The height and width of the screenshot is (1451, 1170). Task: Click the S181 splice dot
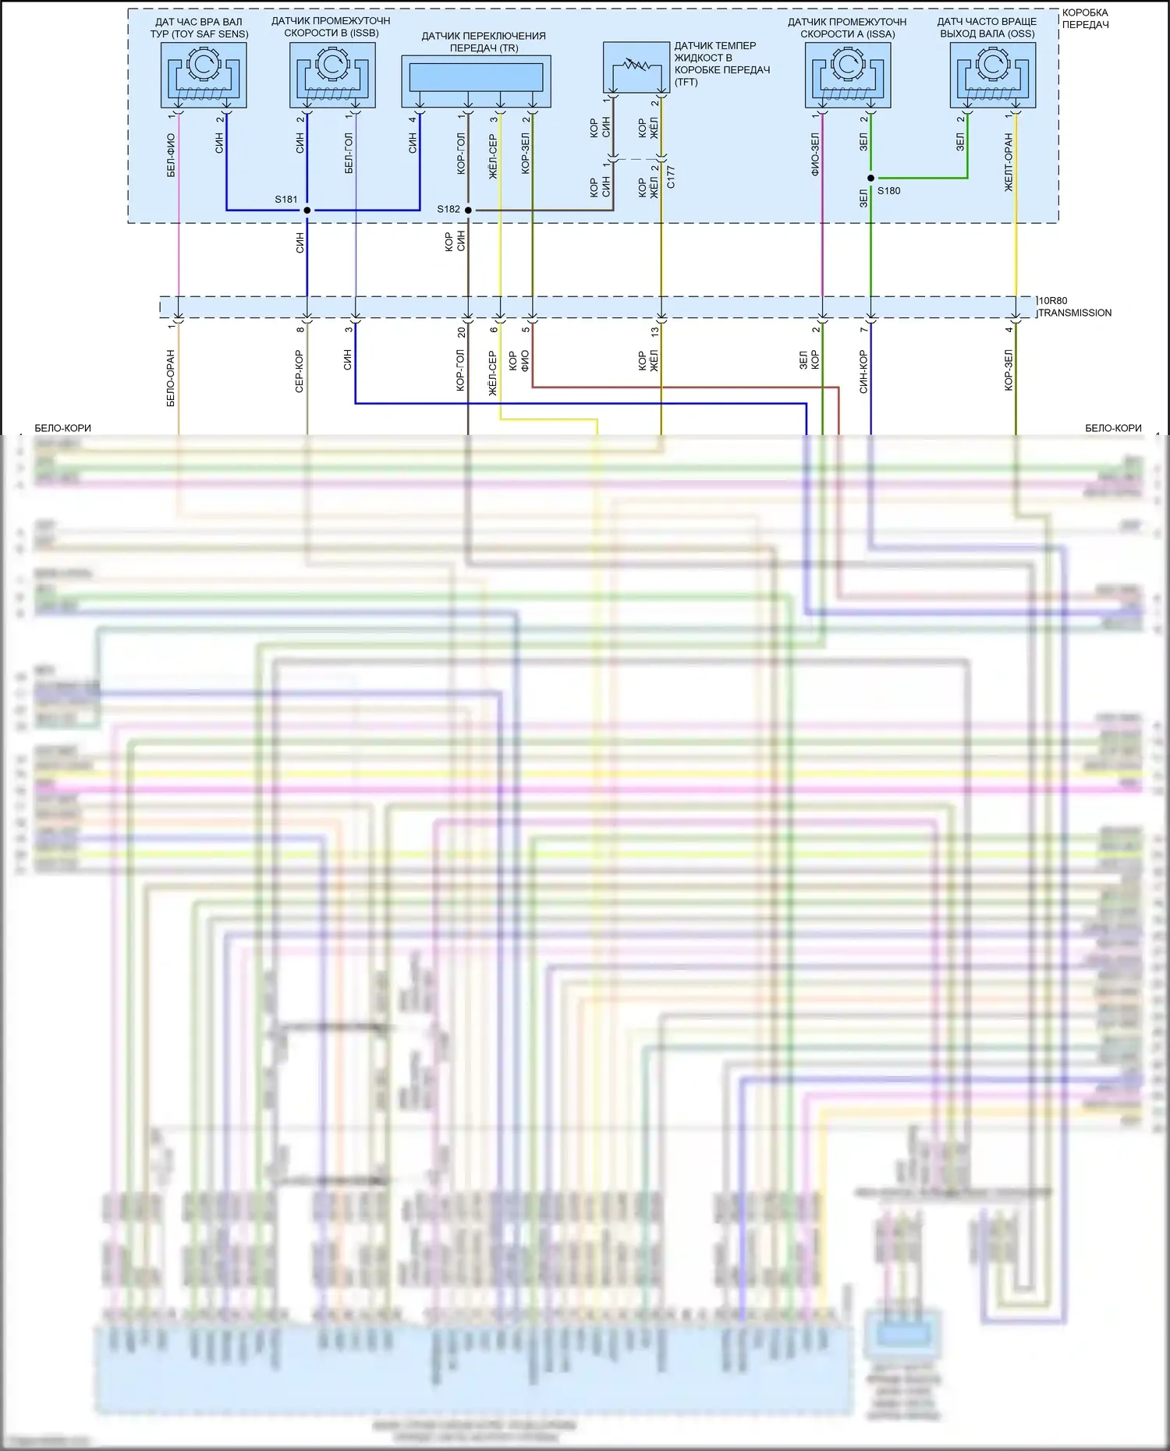coord(307,210)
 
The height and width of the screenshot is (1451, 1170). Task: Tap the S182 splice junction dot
coord(468,210)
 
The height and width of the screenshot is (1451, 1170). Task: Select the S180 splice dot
coord(870,179)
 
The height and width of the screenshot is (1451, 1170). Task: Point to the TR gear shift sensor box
coord(476,81)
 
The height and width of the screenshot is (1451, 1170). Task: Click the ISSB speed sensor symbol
coord(332,75)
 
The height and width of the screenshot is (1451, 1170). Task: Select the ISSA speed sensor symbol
coord(848,75)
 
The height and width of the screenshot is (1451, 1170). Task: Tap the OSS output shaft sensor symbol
coord(993,75)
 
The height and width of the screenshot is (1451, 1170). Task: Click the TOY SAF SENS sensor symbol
coord(204,75)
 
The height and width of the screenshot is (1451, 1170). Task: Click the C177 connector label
coord(672,177)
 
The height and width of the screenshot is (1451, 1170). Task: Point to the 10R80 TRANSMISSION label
coord(1075,306)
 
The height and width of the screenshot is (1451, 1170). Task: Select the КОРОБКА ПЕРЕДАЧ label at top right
coord(1085,19)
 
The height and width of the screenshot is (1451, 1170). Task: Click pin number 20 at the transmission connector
coord(462,331)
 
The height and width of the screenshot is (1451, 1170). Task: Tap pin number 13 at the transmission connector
coord(655,331)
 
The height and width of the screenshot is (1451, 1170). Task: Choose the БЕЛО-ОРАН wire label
coord(171,378)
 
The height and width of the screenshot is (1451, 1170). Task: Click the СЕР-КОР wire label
coord(300,371)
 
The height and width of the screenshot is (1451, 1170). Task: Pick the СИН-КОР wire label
coord(863,371)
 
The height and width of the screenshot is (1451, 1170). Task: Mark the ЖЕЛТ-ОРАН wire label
coord(1009,162)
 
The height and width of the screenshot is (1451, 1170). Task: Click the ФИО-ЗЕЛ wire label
coord(815,154)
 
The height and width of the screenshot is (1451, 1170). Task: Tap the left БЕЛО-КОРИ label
coord(62,428)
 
